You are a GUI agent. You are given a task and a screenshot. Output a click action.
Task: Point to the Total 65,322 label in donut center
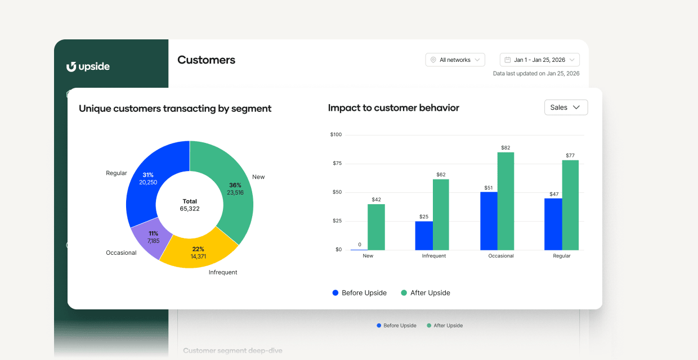click(x=190, y=205)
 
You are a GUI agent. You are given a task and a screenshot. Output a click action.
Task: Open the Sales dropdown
click(x=566, y=107)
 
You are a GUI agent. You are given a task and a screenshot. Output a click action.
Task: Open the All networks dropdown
click(x=455, y=60)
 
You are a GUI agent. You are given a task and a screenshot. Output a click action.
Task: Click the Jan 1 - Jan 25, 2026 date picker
click(x=539, y=60)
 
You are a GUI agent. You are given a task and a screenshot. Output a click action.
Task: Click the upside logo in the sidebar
click(x=88, y=67)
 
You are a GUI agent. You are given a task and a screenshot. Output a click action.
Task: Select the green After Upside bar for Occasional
click(x=505, y=201)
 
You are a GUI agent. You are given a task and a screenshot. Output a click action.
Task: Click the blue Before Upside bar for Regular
click(x=553, y=224)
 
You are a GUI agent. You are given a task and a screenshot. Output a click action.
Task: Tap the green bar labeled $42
click(x=376, y=227)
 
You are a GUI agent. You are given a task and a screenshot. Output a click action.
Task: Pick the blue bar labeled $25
click(x=424, y=235)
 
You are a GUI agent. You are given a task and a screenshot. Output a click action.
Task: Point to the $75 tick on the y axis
click(x=336, y=164)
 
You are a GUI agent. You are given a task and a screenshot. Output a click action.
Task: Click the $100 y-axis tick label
click(x=335, y=134)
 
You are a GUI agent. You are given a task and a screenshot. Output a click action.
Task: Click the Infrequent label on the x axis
click(x=433, y=256)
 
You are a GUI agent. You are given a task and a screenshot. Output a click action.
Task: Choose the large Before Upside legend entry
click(x=360, y=292)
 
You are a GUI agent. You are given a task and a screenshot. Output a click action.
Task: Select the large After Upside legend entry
click(x=426, y=292)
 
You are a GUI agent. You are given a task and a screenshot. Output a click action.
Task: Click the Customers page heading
click(x=206, y=60)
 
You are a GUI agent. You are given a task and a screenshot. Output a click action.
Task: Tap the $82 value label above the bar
click(x=505, y=147)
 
